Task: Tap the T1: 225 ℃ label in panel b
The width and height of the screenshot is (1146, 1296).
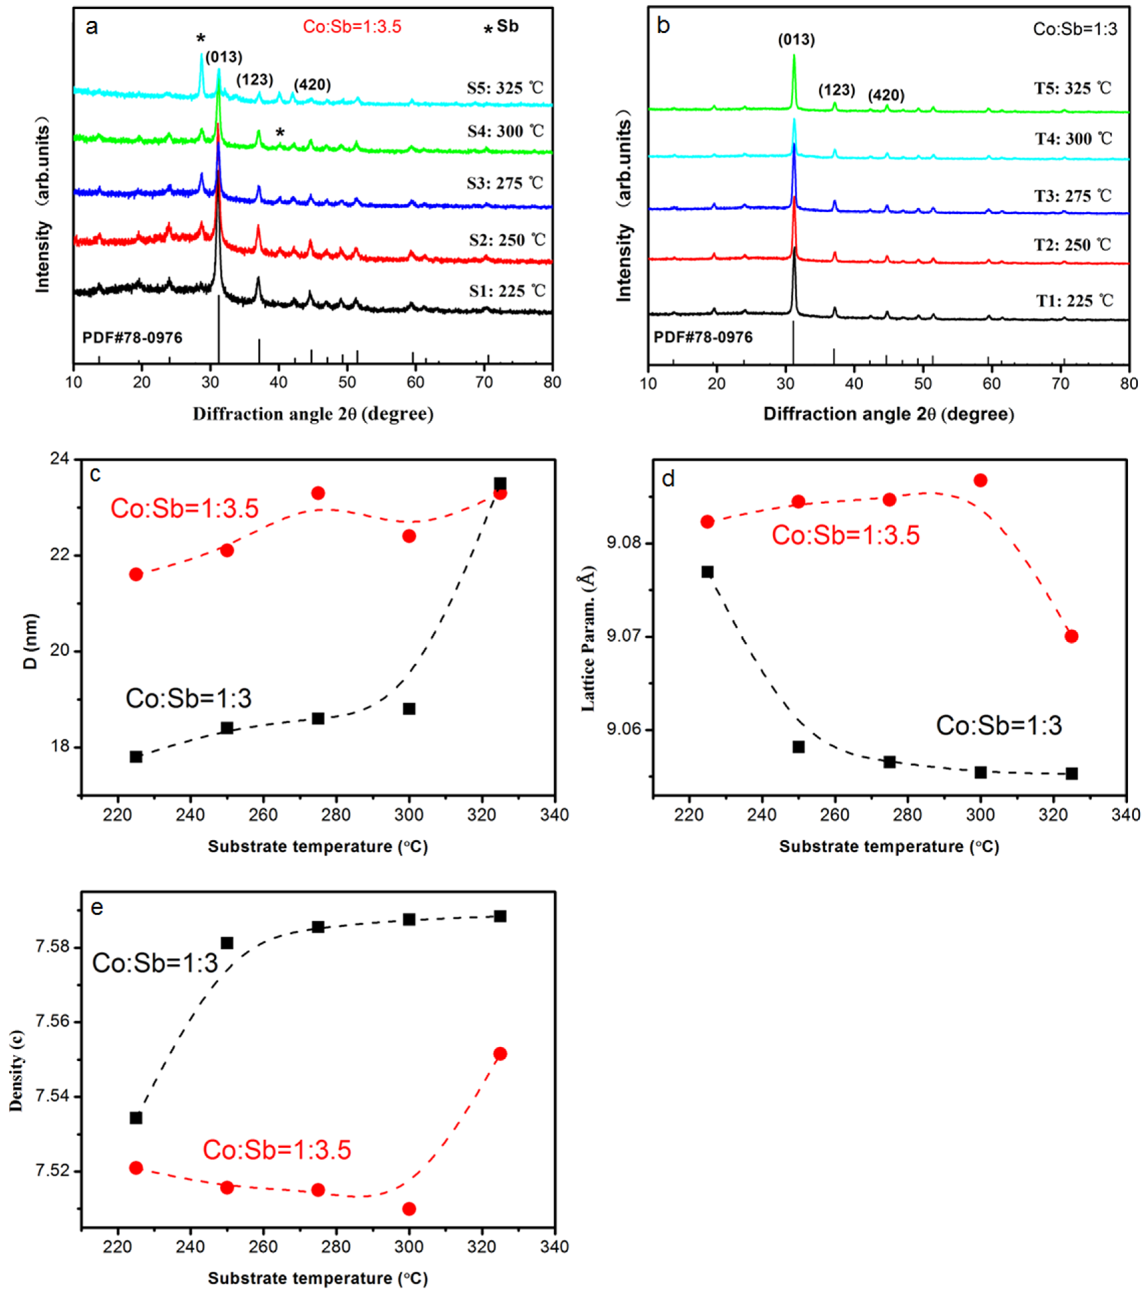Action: click(x=1074, y=301)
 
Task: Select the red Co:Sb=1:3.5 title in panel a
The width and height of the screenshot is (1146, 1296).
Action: click(x=352, y=27)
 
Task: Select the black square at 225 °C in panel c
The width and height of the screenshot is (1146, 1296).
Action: click(x=136, y=756)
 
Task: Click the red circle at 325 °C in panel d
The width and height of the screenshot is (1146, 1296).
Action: click(x=1071, y=636)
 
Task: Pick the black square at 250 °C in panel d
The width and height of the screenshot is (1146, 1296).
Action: click(x=798, y=747)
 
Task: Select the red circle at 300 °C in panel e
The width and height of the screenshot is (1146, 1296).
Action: click(x=409, y=1208)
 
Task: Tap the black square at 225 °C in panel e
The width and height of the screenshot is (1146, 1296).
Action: click(x=136, y=1117)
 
